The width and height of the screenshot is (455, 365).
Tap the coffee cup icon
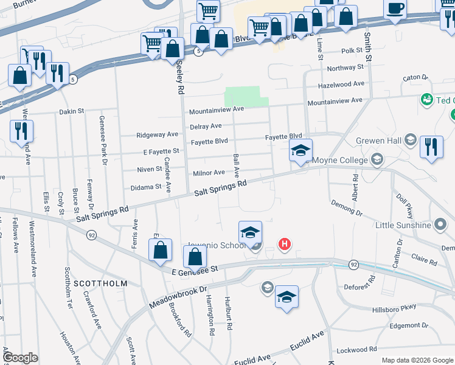(x=395, y=8)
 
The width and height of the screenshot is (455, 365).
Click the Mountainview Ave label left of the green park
(x=216, y=110)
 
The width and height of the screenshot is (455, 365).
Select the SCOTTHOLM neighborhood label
(x=100, y=283)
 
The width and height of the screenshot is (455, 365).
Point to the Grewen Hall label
(x=380, y=141)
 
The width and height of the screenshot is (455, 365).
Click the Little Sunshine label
(x=403, y=225)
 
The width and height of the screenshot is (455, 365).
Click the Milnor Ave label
(x=209, y=173)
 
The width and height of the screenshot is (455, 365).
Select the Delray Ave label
(x=205, y=126)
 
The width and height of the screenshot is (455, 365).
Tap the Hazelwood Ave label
(x=344, y=84)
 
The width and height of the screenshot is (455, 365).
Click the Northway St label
(x=344, y=68)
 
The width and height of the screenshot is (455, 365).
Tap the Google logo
(x=21, y=358)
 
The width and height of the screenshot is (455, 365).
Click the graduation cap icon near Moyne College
(x=300, y=150)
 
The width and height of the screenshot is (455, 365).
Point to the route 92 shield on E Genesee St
(x=353, y=265)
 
